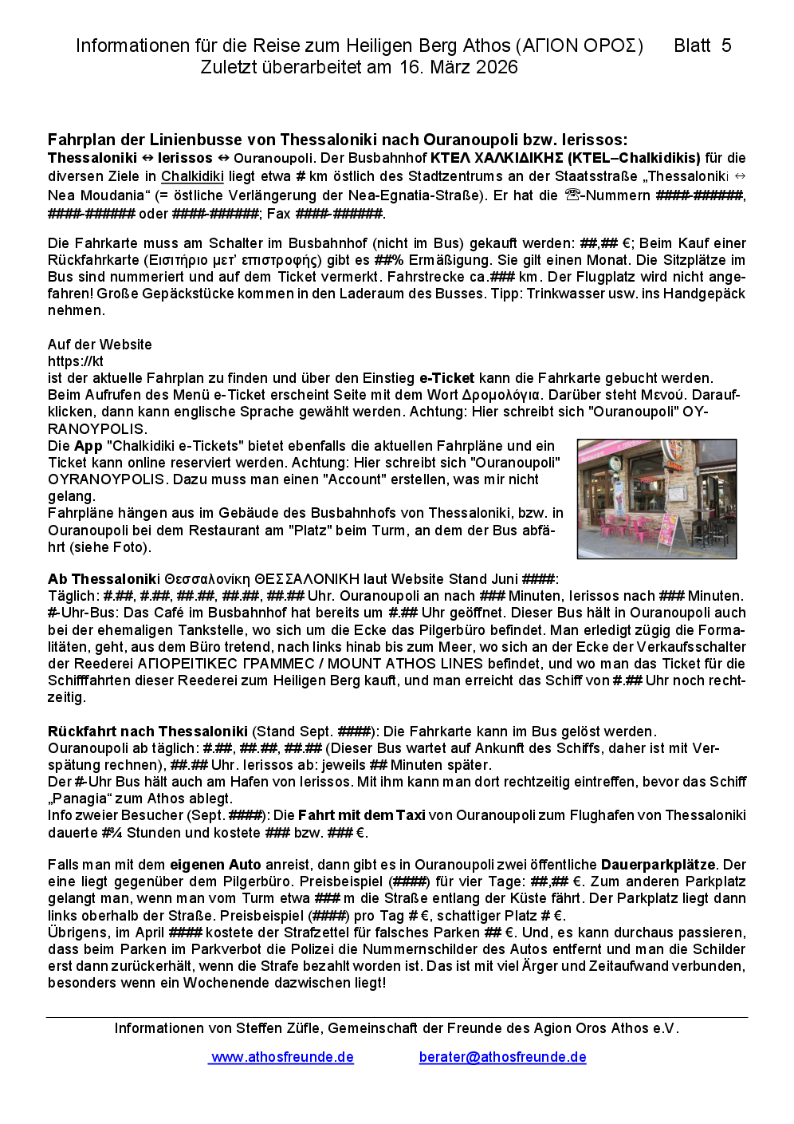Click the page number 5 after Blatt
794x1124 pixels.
(x=726, y=46)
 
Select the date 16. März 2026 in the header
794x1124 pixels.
(x=458, y=67)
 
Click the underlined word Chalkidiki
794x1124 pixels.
(x=192, y=176)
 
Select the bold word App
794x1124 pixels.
(x=88, y=446)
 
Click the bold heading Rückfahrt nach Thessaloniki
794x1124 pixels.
(x=147, y=732)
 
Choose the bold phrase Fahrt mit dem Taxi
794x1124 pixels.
(x=362, y=815)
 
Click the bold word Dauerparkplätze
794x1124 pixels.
(x=658, y=865)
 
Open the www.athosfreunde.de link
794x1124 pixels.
(x=282, y=1057)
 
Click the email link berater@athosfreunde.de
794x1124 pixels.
(x=502, y=1057)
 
